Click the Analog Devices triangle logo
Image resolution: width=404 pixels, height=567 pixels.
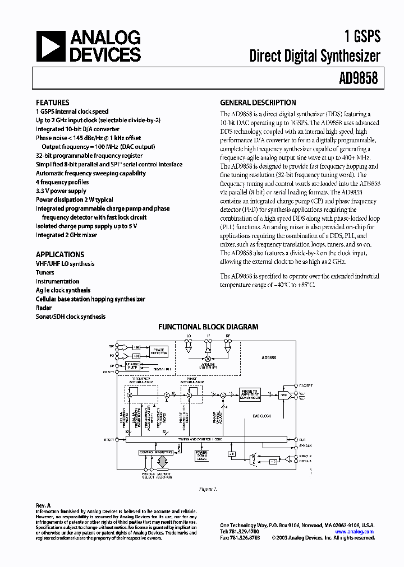click(51, 47)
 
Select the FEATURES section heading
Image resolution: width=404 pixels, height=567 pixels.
click(52, 103)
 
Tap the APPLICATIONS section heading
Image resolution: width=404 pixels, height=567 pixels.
click(60, 254)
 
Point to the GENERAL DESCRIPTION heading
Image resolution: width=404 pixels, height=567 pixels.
click(258, 103)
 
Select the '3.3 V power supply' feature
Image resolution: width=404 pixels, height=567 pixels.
click(61, 191)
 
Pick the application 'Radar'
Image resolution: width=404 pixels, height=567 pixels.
click(44, 308)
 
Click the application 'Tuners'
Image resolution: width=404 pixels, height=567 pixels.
click(45, 272)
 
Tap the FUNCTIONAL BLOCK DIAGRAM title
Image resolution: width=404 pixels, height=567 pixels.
click(208, 327)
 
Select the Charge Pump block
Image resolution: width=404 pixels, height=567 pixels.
click(132, 365)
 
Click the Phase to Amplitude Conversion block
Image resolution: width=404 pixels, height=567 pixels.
click(250, 394)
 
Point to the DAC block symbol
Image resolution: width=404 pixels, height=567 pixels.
click(284, 394)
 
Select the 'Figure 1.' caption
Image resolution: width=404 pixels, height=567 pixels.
click(208, 489)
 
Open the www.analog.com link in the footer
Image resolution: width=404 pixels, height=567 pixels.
click(355, 532)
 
